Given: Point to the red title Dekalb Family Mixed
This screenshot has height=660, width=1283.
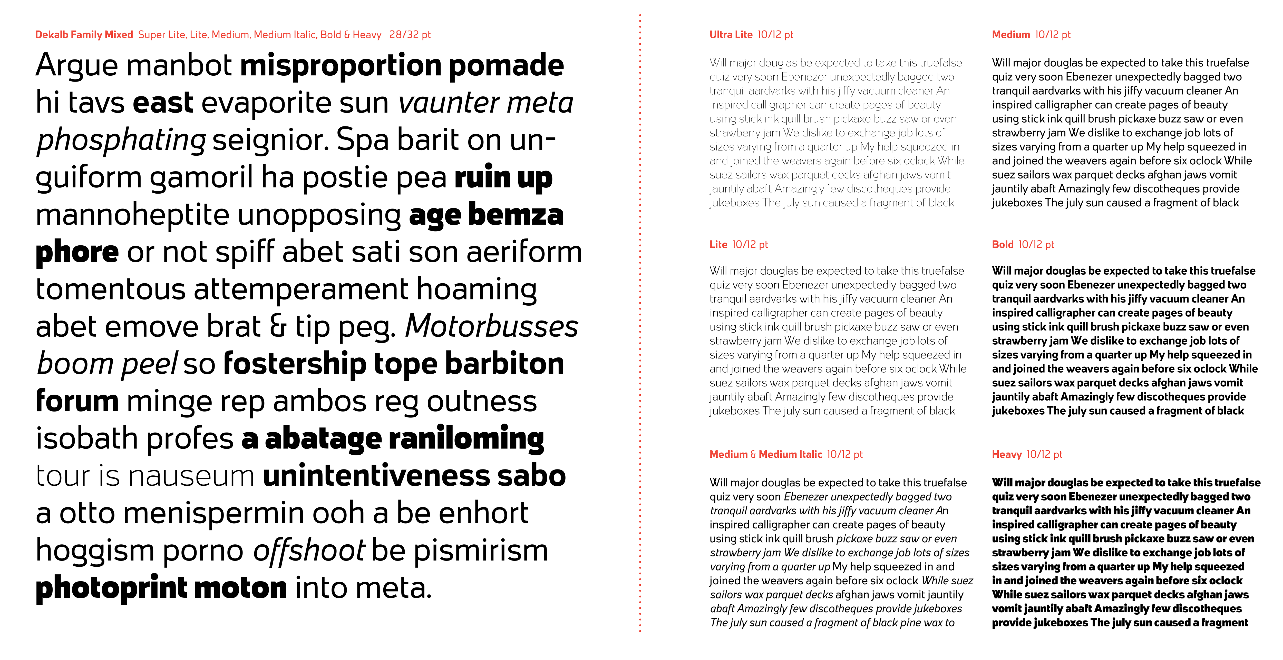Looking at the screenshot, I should pos(84,34).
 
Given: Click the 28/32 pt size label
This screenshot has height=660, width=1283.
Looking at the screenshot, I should pos(409,34).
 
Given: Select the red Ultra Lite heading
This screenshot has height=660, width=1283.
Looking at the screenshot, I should pos(731,34).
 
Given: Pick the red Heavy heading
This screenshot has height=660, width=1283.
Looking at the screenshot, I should pos(1006,454).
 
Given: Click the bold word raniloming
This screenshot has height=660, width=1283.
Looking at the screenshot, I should pos(466,439).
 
